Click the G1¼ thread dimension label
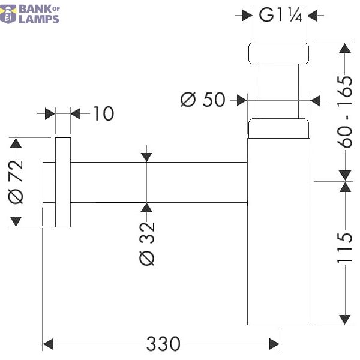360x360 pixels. coord(280,15)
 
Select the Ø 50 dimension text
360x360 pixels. coord(203,100)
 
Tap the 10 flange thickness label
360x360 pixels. coord(104,113)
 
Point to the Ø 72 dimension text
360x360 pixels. coord(16,182)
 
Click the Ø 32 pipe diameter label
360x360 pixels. coord(147,244)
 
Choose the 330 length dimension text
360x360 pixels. coord(163,344)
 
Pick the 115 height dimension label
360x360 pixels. coord(344,248)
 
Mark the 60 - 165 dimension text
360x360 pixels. coord(344,112)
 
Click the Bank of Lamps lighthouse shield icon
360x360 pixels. coord(8,14)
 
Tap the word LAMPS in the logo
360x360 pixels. coord(39,19)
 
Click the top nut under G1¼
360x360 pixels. coord(278,53)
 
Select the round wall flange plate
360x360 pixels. coord(63,182)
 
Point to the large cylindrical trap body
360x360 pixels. coord(278,232)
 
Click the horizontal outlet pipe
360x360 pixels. coord(159,182)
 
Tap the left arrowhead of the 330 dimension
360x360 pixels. coord(48,344)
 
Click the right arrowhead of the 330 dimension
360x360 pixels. coord(274,344)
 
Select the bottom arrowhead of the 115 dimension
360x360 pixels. coord(345,319)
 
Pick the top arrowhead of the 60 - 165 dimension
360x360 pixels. coord(345,49)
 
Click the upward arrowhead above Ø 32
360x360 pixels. coord(146,208)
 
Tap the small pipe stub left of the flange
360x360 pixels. coord(49,182)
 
